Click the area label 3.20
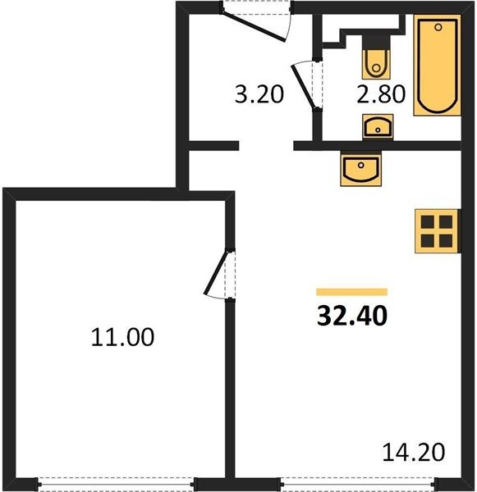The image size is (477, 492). click(x=259, y=94)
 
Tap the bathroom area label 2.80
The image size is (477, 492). click(x=381, y=94)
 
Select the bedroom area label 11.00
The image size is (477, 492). click(x=122, y=337)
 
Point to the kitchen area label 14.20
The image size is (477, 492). click(x=414, y=452)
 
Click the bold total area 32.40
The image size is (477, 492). click(x=352, y=316)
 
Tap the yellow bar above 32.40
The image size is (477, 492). click(x=352, y=292)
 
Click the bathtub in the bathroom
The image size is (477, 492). click(x=438, y=66)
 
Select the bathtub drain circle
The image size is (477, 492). click(x=438, y=28)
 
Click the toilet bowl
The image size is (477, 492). click(x=376, y=64)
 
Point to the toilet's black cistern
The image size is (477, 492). click(x=376, y=42)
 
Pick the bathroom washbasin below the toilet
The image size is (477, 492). click(x=378, y=126)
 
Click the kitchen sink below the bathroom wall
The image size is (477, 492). click(x=360, y=169)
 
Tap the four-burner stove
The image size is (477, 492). click(x=437, y=231)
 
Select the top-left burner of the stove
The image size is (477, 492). click(x=428, y=222)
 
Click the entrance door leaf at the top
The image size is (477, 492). click(x=253, y=26)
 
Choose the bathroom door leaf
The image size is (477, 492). click(x=303, y=87)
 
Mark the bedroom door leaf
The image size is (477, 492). click(x=216, y=272)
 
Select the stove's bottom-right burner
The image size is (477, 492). click(x=446, y=240)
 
